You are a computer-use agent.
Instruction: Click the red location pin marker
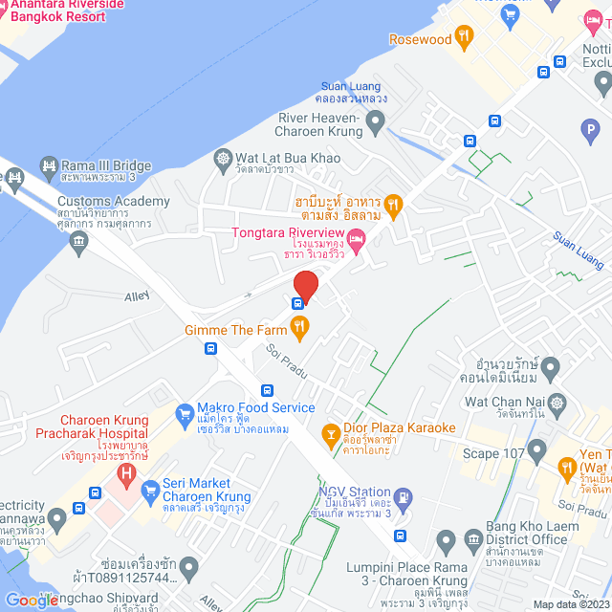click(305, 285)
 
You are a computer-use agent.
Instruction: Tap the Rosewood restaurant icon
click(464, 39)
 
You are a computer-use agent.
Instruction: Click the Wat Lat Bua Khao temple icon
click(223, 158)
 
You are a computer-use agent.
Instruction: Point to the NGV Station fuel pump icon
click(405, 497)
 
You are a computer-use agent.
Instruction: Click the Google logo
click(32, 601)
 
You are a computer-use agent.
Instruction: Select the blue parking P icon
click(587, 128)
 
